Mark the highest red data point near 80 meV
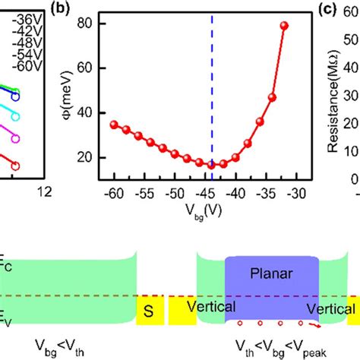(285, 26)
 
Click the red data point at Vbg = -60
(114, 125)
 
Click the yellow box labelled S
(147, 310)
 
